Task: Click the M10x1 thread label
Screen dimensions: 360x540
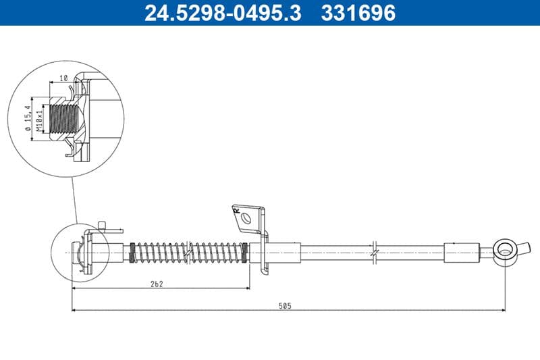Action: point(39,120)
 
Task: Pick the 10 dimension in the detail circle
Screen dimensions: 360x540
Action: point(63,79)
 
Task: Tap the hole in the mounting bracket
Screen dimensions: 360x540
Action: point(248,218)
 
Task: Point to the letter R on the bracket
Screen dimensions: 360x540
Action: point(237,211)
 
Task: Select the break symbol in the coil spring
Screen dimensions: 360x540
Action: point(192,253)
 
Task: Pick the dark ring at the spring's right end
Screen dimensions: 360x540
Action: point(244,253)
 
